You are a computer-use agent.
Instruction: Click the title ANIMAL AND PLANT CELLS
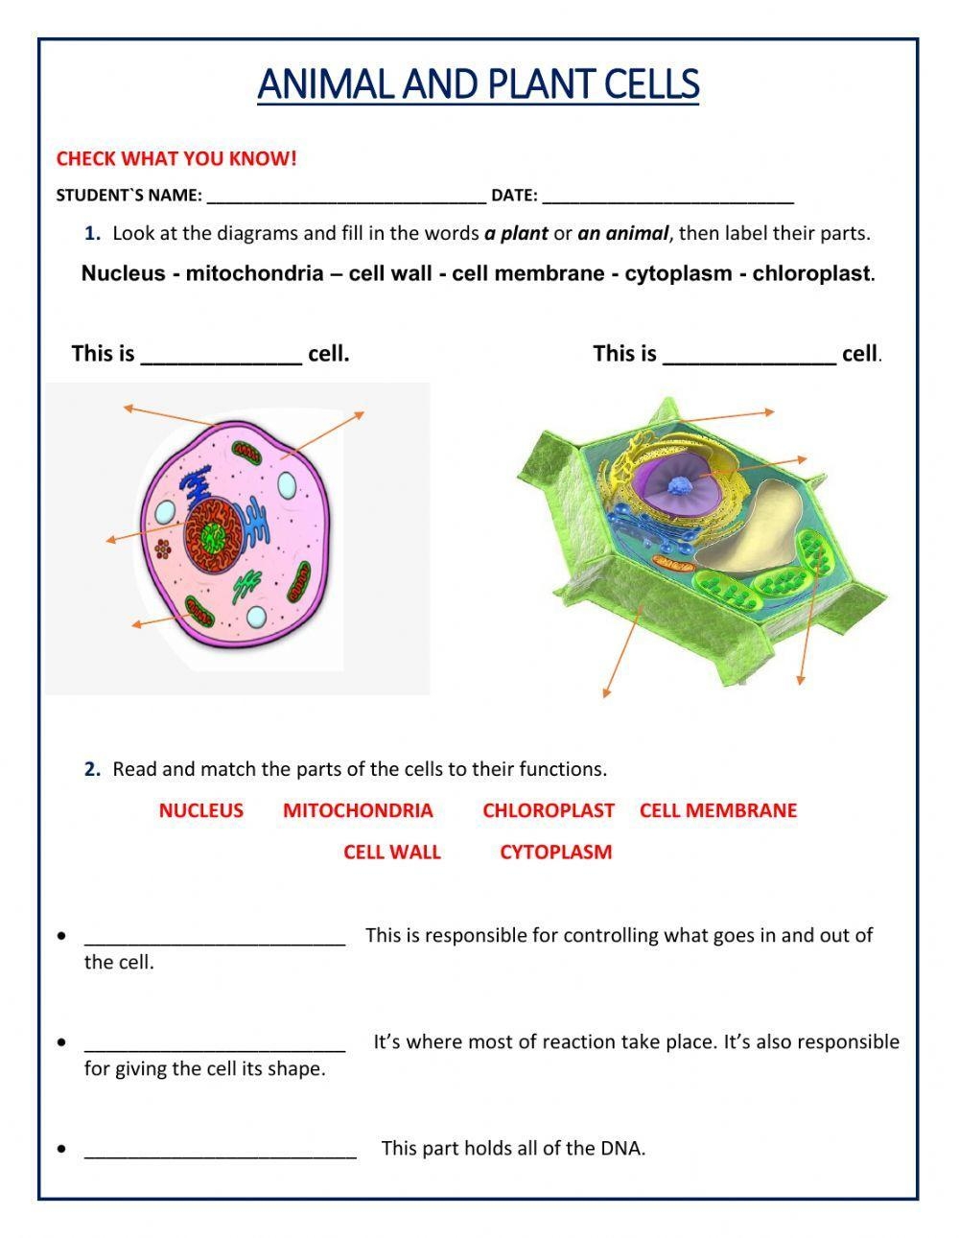tap(478, 84)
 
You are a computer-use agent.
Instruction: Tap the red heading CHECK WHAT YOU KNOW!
tap(176, 159)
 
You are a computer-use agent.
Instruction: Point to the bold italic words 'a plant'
tap(516, 233)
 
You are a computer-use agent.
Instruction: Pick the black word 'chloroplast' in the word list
tap(811, 273)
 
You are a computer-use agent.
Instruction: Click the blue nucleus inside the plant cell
tap(685, 486)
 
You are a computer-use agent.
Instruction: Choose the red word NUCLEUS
tap(200, 810)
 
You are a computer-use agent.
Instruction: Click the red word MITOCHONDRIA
tap(358, 810)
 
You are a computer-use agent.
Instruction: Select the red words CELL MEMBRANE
tap(717, 810)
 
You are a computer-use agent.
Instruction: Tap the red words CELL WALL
tap(392, 852)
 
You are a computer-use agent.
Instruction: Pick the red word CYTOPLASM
tap(555, 852)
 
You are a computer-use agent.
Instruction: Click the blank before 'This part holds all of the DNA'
tap(221, 1151)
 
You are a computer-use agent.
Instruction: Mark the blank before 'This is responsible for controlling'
tap(215, 938)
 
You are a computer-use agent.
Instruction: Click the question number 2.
tap(92, 769)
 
